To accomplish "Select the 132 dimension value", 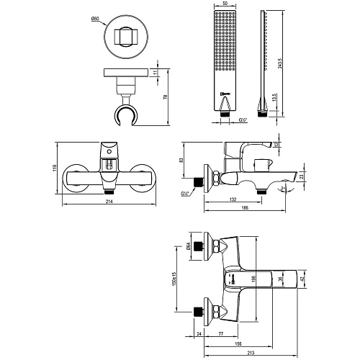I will (x=234, y=199).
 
